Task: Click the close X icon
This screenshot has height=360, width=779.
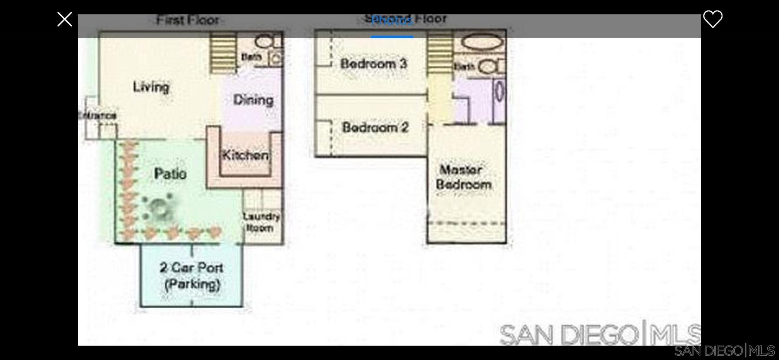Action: click(x=65, y=19)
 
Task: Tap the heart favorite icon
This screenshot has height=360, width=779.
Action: click(x=712, y=19)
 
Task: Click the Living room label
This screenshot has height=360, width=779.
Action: click(x=151, y=87)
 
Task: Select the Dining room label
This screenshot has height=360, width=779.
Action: click(x=253, y=100)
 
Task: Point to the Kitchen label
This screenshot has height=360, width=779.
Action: click(x=245, y=155)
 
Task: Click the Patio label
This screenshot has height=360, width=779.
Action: click(x=170, y=174)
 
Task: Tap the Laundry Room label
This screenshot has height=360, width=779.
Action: click(x=261, y=222)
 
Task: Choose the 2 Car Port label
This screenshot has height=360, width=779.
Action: click(x=192, y=276)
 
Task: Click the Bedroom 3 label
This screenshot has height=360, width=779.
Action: click(x=373, y=64)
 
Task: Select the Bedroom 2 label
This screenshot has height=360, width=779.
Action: click(x=375, y=127)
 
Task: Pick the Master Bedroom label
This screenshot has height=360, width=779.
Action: click(x=463, y=177)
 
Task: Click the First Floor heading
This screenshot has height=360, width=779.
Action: click(x=187, y=20)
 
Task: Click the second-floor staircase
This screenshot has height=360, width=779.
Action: click(x=439, y=54)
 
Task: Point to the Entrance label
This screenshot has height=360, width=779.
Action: click(x=97, y=116)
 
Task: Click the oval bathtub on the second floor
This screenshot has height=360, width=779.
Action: click(x=482, y=43)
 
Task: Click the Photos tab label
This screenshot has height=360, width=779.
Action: click(x=392, y=20)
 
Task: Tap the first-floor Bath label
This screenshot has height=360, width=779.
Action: click(x=251, y=57)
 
